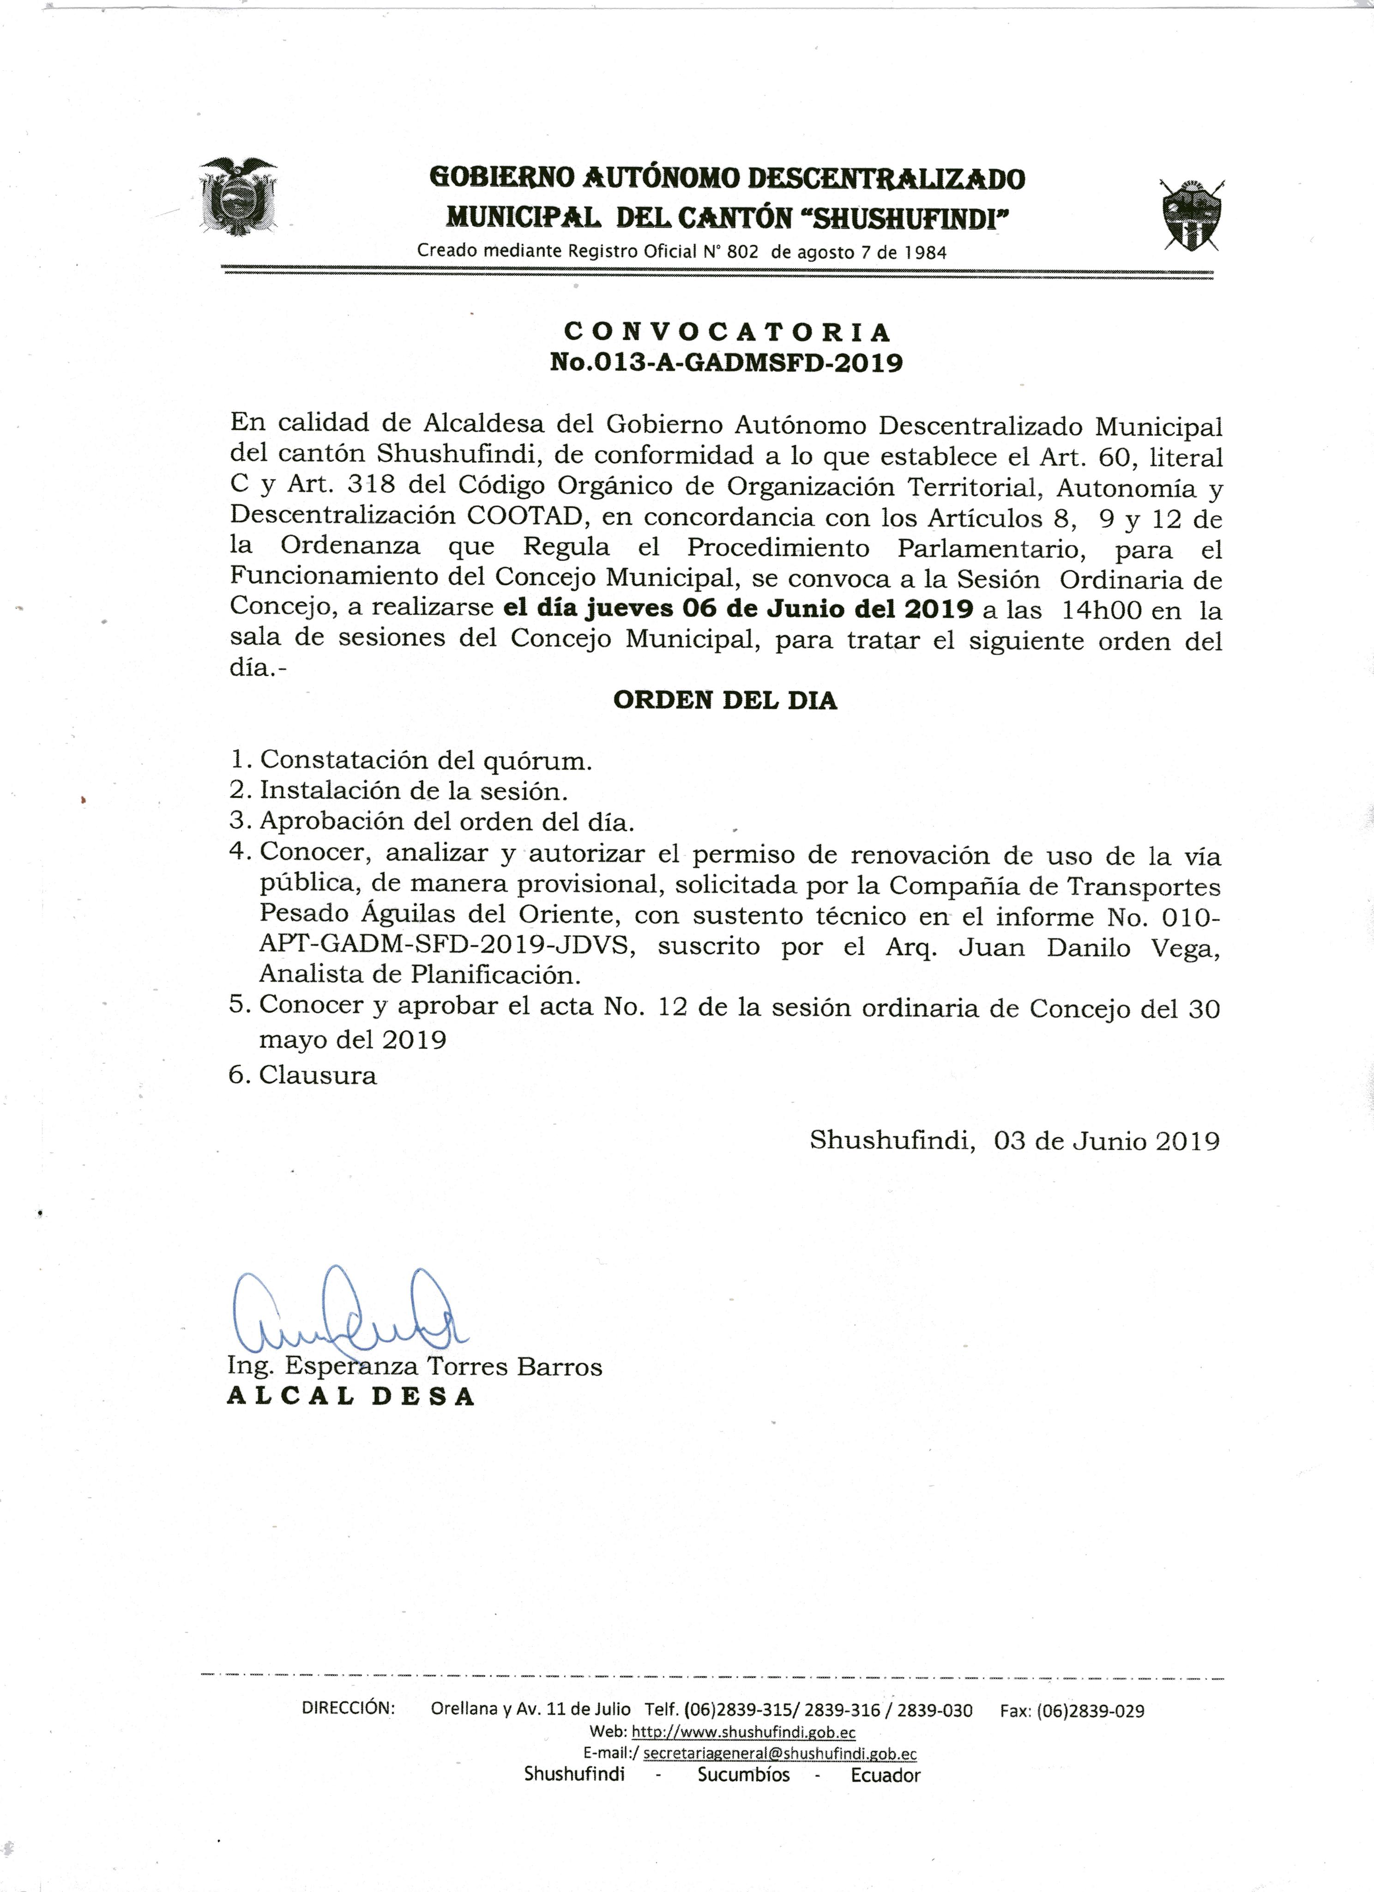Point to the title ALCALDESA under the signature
[350, 1397]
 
